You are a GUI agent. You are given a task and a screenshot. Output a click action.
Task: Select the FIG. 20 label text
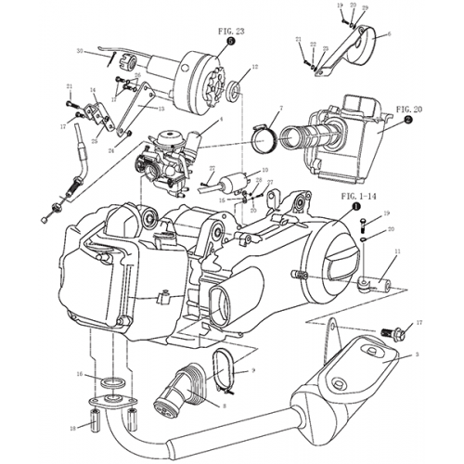[409, 110]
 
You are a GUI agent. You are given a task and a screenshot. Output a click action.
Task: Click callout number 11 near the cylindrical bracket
[396, 251]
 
